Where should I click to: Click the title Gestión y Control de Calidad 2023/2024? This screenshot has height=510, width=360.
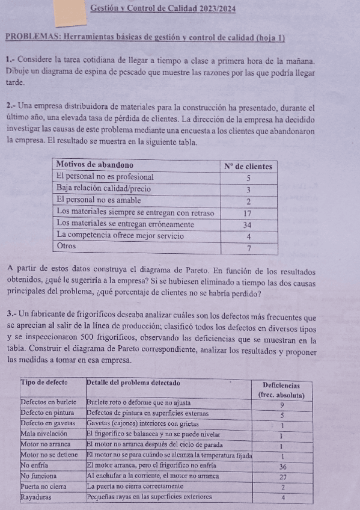(x=162, y=8)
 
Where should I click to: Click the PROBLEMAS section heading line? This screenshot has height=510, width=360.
(x=145, y=38)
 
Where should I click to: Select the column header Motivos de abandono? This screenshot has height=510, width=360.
(x=94, y=165)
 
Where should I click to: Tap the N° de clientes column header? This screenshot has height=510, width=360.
(x=248, y=166)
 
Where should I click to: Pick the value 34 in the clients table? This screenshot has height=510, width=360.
(x=247, y=224)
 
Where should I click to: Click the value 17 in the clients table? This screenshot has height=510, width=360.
(x=247, y=213)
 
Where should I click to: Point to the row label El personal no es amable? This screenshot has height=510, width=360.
(x=99, y=200)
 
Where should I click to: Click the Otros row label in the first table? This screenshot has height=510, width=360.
(x=67, y=246)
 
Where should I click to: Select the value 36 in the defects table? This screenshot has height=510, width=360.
(x=282, y=466)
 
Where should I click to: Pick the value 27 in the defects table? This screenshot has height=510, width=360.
(x=282, y=476)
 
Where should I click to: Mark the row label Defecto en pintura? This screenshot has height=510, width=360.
(x=47, y=414)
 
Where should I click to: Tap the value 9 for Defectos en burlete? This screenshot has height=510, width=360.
(x=282, y=404)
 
